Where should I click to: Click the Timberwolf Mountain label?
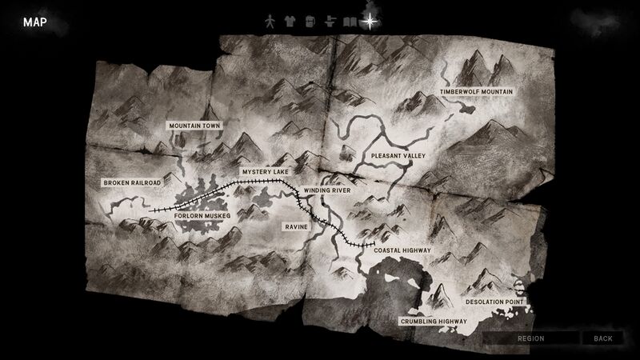pos(476,93)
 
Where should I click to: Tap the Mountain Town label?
pos(194,126)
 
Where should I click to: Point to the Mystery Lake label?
pos(264,172)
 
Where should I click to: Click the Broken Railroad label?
pos(133,183)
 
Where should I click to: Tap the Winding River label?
pos(326,191)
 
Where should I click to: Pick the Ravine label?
pos(297,227)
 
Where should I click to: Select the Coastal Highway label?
pos(402,250)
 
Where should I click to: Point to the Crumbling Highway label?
pos(433,322)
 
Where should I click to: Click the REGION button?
pos(531,338)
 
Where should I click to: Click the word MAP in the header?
pos(34,22)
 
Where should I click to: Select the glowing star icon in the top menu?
pos(370,22)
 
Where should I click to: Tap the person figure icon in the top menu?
pos(272,22)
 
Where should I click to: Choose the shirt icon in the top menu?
pos(291,22)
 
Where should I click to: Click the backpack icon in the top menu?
pos(310,22)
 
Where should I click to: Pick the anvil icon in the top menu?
pos(330,22)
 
